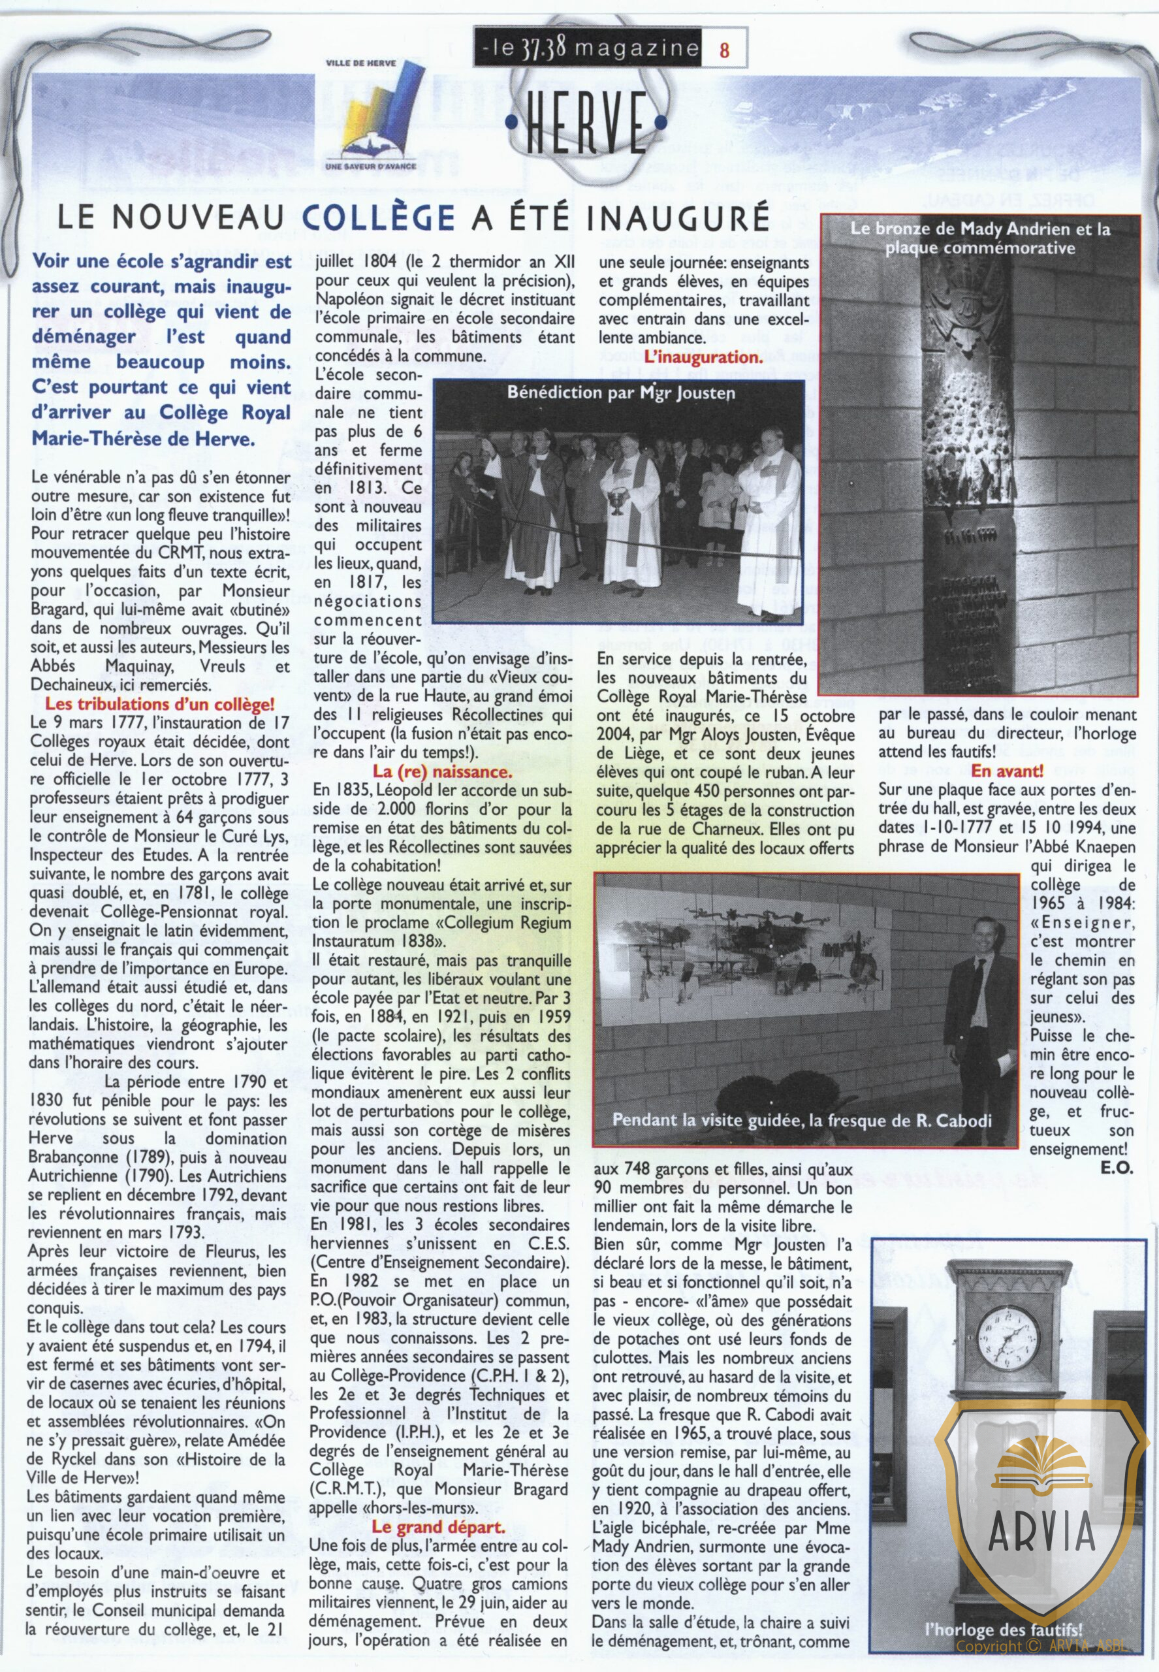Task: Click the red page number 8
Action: point(724,50)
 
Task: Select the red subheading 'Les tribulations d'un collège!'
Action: point(160,704)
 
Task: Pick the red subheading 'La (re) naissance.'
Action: point(443,771)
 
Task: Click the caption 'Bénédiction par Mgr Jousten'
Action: point(621,393)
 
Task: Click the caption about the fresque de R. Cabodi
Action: point(802,1120)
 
